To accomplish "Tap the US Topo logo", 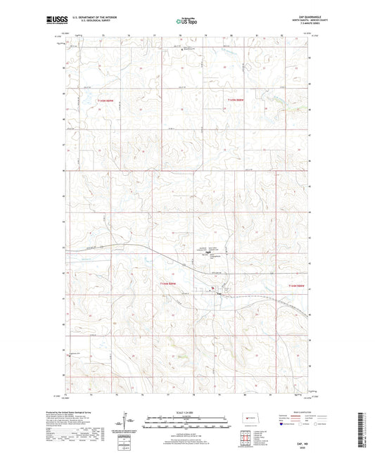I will click(186, 22).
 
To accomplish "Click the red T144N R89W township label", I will click(163, 281).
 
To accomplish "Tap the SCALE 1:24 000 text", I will click(187, 411).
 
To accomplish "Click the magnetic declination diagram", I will click(127, 425).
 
